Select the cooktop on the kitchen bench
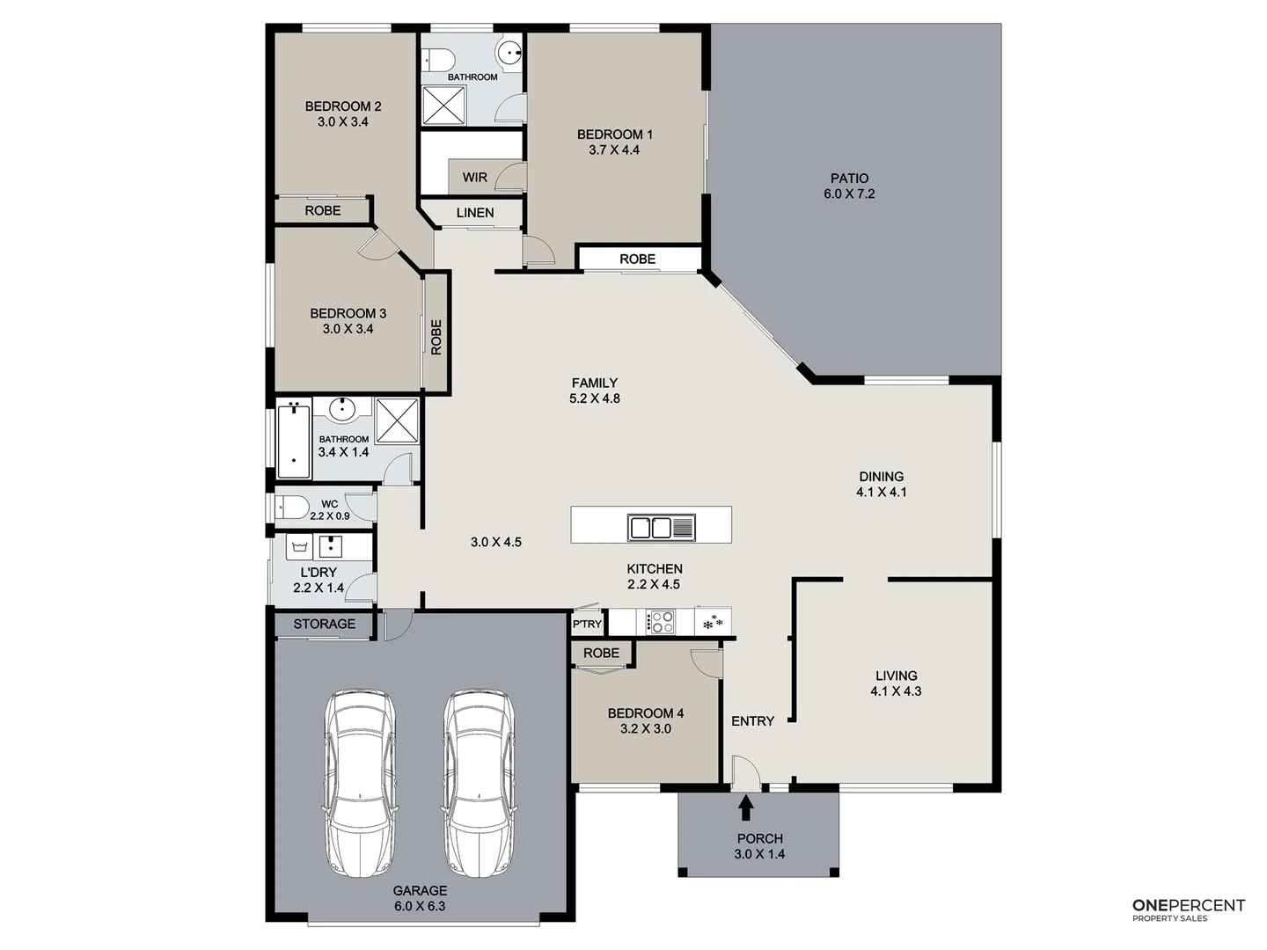pos(661,623)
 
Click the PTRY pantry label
pos(587,625)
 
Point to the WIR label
pos(474,178)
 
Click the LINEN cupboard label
pos(475,213)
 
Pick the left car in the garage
pos(361,781)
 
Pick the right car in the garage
pos(479,781)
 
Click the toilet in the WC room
pos(291,508)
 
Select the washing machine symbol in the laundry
pos(299,546)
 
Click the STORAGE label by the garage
pos(324,625)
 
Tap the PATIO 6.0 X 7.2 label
pos(849,186)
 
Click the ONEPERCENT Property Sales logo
pos(1188,910)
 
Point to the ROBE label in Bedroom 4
pos(601,653)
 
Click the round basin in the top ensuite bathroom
pos(509,53)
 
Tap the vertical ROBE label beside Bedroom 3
pos(436,337)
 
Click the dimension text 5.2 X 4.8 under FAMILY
pos(595,398)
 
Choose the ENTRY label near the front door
pos(752,721)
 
